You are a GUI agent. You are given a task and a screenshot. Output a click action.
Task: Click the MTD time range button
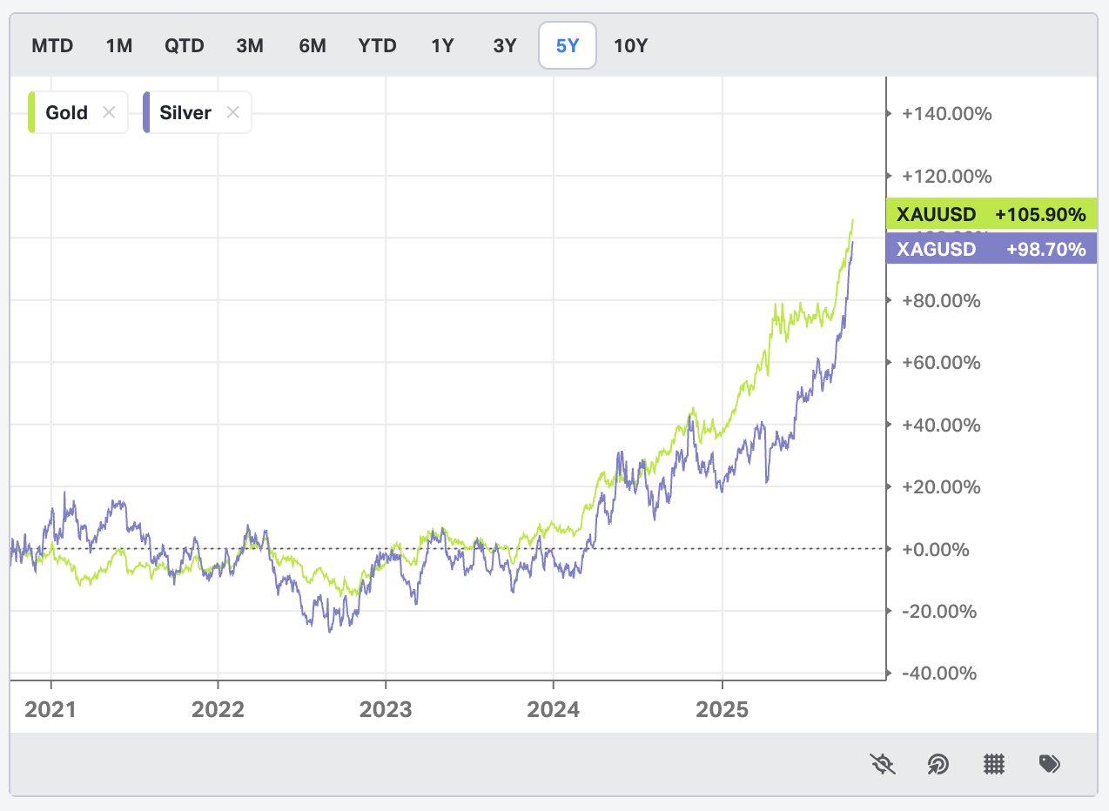pos(52,45)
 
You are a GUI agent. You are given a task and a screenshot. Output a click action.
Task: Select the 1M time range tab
pos(119,45)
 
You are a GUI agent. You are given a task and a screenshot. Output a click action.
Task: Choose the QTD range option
pos(185,45)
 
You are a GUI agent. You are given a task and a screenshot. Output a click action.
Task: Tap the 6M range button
pos(313,45)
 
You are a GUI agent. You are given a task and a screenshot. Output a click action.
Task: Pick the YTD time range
pos(377,45)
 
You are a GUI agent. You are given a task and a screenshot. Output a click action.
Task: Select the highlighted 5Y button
pos(568,45)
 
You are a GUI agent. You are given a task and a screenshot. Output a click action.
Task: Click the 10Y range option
pos(631,45)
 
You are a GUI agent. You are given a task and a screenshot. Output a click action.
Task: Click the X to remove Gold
pos(109,112)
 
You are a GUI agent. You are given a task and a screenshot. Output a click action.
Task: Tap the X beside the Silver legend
pos(232,112)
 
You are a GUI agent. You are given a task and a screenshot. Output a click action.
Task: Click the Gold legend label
pos(67,112)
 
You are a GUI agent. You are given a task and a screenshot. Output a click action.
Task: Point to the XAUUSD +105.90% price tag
pos(991,214)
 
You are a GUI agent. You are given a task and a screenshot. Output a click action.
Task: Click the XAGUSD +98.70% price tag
pos(991,249)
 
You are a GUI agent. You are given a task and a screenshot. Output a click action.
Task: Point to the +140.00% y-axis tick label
pos(947,114)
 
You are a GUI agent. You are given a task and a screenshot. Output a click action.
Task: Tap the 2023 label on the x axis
pos(386,709)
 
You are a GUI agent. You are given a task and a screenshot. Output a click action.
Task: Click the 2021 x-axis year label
pos(50,709)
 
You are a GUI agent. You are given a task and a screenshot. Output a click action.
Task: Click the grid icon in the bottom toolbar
pos(994,764)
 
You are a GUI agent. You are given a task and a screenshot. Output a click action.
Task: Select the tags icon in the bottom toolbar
pos(1050,764)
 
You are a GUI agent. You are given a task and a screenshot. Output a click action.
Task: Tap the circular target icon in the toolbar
pos(938,764)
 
